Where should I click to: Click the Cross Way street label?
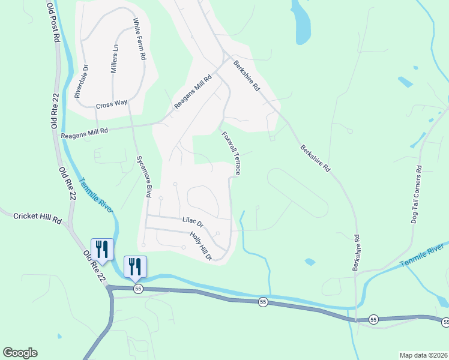click(x=112, y=104)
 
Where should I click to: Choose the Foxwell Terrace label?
click(x=232, y=154)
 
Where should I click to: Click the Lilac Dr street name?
click(x=193, y=221)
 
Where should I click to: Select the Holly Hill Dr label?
click(x=202, y=246)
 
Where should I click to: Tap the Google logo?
click(x=20, y=353)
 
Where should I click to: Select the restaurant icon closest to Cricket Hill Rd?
click(x=101, y=250)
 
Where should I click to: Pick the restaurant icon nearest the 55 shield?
click(x=135, y=266)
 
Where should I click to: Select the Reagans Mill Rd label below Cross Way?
click(x=84, y=134)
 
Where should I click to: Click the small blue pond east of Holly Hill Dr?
click(x=310, y=262)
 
